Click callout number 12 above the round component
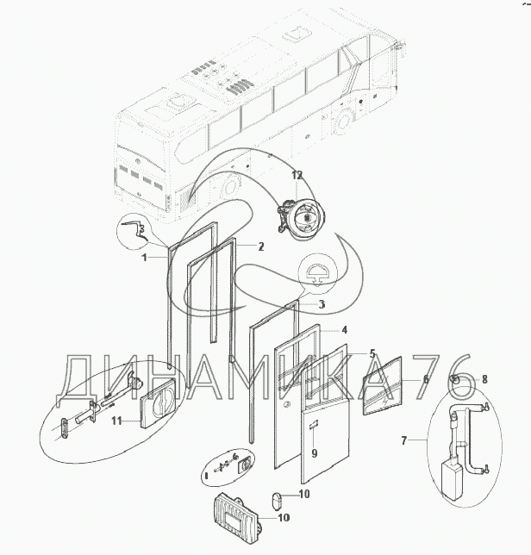pos(297,175)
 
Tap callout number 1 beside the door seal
pos(145,258)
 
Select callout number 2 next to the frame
pos(261,246)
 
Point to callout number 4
pos(344,330)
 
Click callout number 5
pos(372,353)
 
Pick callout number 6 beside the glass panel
pos(426,379)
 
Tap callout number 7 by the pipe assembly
pos(404,440)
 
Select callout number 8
pos(484,379)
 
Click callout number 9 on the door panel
pos(315,453)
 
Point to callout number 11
pos(117,421)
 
